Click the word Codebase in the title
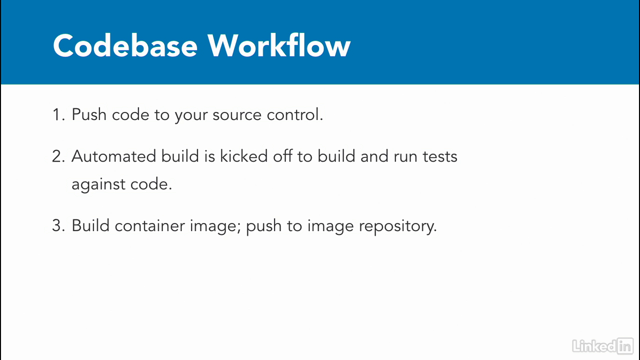click(125, 45)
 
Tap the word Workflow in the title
click(279, 45)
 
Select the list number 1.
click(58, 115)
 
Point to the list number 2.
click(58, 156)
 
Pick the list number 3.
click(58, 225)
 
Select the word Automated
click(113, 156)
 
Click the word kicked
click(243, 156)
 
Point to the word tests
click(440, 157)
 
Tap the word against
click(98, 184)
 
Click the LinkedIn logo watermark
click(603, 345)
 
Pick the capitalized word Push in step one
click(89, 114)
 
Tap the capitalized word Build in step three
click(90, 225)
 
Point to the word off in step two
click(282, 156)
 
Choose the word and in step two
click(374, 156)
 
